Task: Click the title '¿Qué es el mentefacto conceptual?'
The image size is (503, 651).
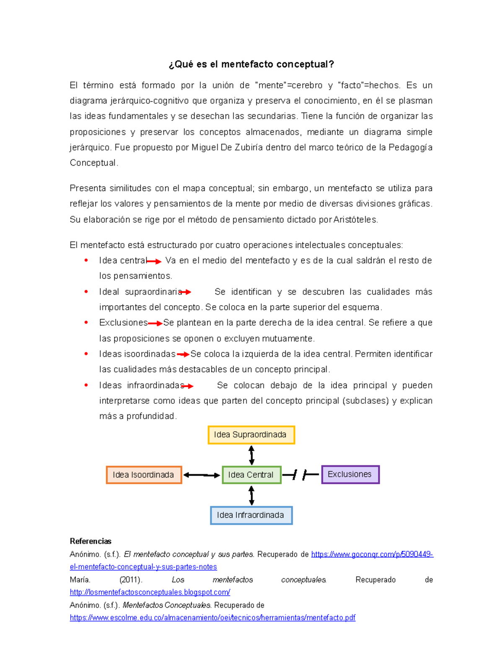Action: click(251, 64)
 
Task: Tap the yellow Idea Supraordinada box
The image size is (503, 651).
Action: click(251, 435)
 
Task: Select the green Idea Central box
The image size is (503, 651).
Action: click(251, 475)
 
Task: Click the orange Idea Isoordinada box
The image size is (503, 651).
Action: click(144, 475)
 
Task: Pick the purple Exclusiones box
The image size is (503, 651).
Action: click(350, 475)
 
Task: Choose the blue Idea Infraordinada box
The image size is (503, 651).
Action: click(251, 515)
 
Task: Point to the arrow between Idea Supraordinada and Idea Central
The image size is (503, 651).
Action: click(251, 455)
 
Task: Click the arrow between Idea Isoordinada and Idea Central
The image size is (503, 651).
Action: click(202, 475)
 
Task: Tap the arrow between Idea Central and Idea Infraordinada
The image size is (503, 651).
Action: click(251, 495)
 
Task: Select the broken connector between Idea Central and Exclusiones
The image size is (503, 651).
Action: click(301, 475)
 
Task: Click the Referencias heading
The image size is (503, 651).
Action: click(91, 541)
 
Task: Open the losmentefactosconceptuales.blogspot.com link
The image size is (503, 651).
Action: click(150, 592)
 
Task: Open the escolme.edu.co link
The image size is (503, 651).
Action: click(213, 617)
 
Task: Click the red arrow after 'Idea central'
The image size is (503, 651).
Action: click(154, 262)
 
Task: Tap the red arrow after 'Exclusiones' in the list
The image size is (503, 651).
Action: click(155, 324)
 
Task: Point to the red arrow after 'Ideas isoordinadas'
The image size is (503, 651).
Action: click(183, 355)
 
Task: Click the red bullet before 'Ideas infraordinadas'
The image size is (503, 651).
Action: click(86, 385)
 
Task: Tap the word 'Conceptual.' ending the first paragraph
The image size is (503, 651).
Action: click(94, 163)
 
